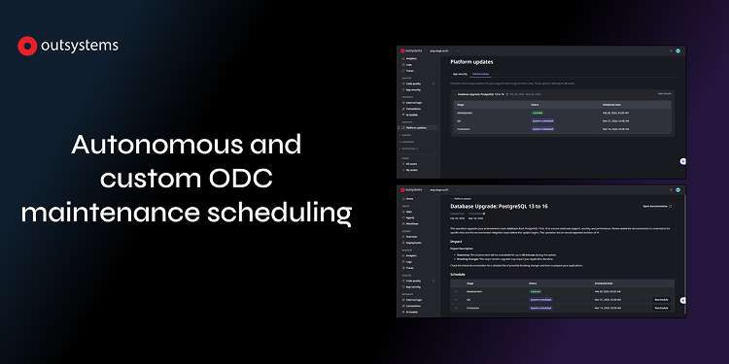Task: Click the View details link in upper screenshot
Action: tap(664, 93)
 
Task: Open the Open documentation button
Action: tap(656, 207)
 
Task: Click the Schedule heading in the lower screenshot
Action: tap(458, 274)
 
